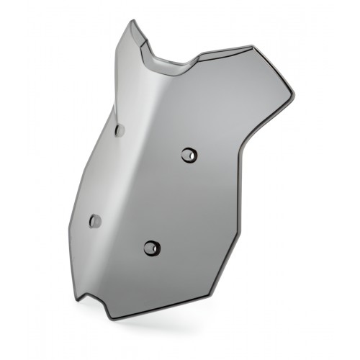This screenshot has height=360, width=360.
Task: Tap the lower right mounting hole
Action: pos(151,248)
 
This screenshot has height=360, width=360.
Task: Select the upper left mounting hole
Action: pos(119,130)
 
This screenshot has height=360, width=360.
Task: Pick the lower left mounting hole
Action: pos(94,221)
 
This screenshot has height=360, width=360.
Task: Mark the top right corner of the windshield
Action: pos(253,47)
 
